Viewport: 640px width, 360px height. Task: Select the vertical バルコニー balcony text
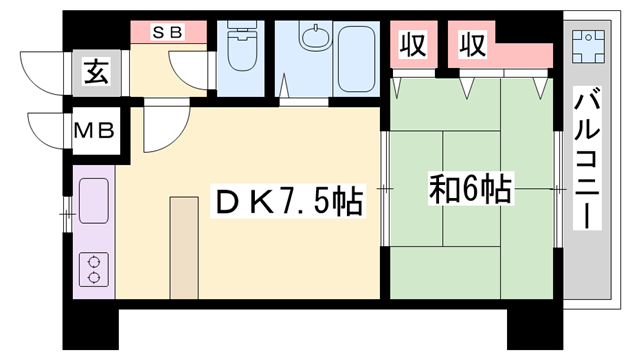click(x=587, y=160)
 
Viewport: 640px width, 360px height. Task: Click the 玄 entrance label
click(x=95, y=73)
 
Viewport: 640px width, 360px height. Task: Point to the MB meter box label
click(x=97, y=130)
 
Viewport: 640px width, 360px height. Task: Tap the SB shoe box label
click(x=166, y=30)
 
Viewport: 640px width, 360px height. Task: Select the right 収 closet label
click(x=472, y=45)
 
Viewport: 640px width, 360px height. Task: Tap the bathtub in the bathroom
click(x=351, y=60)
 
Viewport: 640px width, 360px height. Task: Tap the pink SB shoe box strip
click(x=168, y=32)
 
